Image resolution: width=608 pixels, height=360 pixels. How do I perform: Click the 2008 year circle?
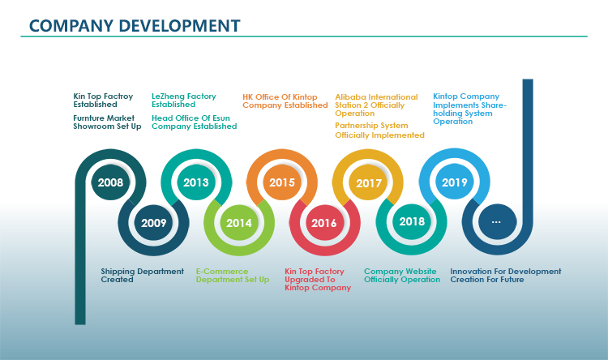(x=110, y=182)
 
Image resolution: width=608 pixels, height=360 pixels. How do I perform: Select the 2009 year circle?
(x=153, y=223)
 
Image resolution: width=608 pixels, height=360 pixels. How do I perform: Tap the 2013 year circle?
(x=196, y=182)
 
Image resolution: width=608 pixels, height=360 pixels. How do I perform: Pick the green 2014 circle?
(x=239, y=223)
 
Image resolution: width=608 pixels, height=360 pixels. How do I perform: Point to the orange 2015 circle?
(x=282, y=182)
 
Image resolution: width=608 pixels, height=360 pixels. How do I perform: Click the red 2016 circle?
(x=324, y=223)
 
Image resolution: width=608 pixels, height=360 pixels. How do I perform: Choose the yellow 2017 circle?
(x=368, y=182)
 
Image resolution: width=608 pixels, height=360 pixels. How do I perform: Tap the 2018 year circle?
(x=412, y=221)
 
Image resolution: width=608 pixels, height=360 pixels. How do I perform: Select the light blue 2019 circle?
(x=455, y=182)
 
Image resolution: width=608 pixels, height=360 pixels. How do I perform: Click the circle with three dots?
(x=497, y=221)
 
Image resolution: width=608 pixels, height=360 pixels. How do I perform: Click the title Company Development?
(x=135, y=26)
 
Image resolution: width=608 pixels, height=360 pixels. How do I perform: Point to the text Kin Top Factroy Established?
(x=103, y=100)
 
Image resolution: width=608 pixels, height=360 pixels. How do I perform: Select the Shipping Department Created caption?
(x=143, y=276)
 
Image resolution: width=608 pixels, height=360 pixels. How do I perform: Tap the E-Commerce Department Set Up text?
(x=233, y=276)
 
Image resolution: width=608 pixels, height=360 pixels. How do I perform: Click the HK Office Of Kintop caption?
(x=280, y=97)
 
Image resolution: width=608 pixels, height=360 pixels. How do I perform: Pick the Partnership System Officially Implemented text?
(x=379, y=131)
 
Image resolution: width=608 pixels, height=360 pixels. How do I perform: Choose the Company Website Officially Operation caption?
(x=402, y=276)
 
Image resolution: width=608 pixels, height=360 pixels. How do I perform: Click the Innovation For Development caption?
(x=506, y=271)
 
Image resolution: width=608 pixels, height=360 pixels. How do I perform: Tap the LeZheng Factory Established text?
(x=184, y=100)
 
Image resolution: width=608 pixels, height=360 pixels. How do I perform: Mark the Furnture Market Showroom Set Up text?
(x=107, y=122)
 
